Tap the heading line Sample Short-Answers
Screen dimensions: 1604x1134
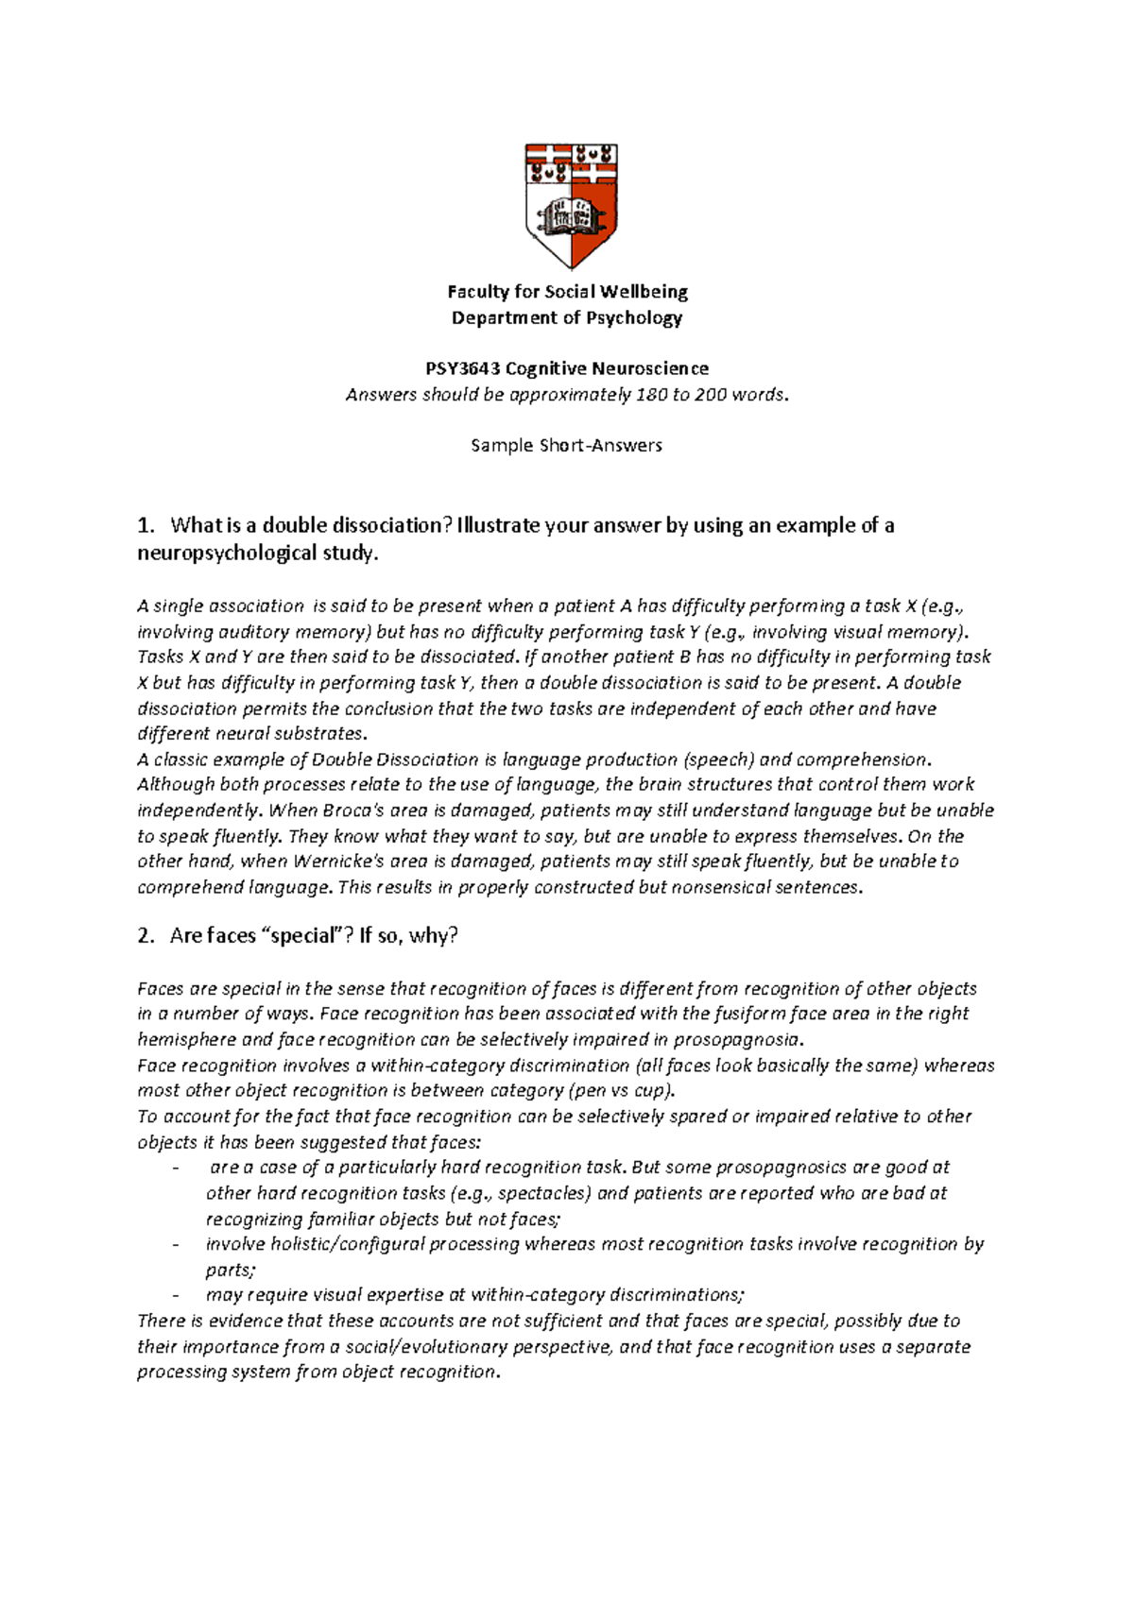[566, 445]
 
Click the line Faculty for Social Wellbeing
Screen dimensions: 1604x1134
[567, 292]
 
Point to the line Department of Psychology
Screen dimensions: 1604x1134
[567, 318]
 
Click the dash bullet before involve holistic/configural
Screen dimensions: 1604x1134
[177, 1245]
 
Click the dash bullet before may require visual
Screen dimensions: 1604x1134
[177, 1296]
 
